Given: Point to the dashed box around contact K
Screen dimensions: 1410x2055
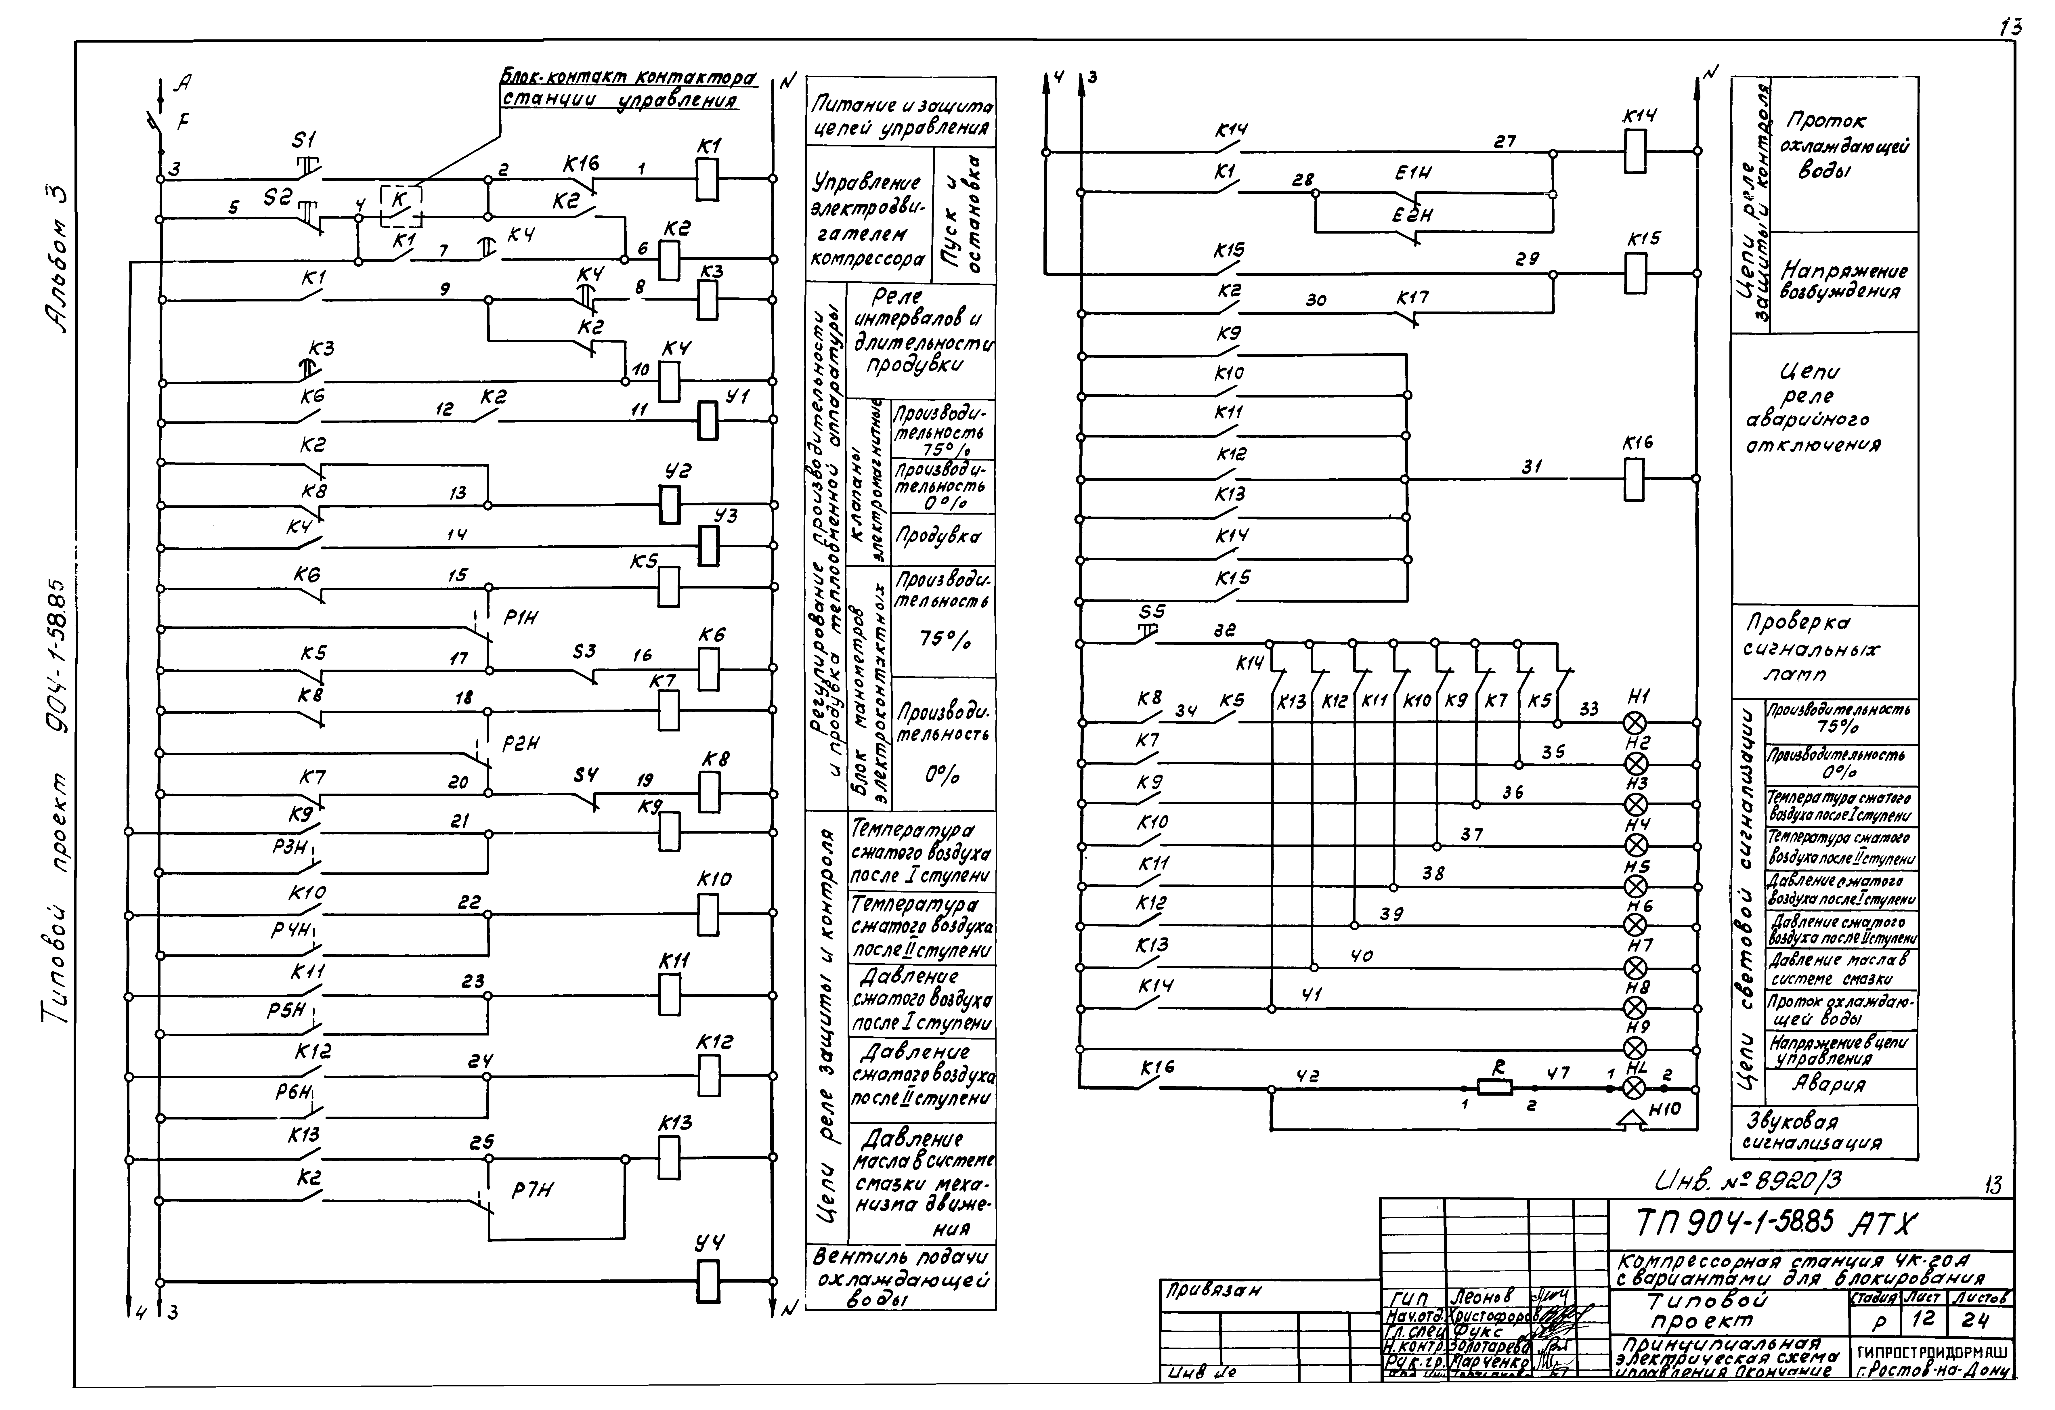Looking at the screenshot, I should pos(402,206).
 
